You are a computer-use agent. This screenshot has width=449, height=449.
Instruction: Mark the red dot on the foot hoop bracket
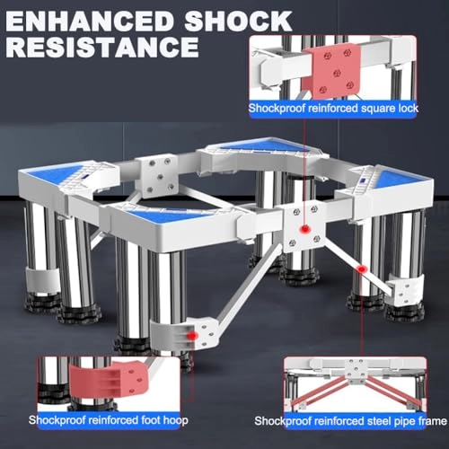click(193, 336)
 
